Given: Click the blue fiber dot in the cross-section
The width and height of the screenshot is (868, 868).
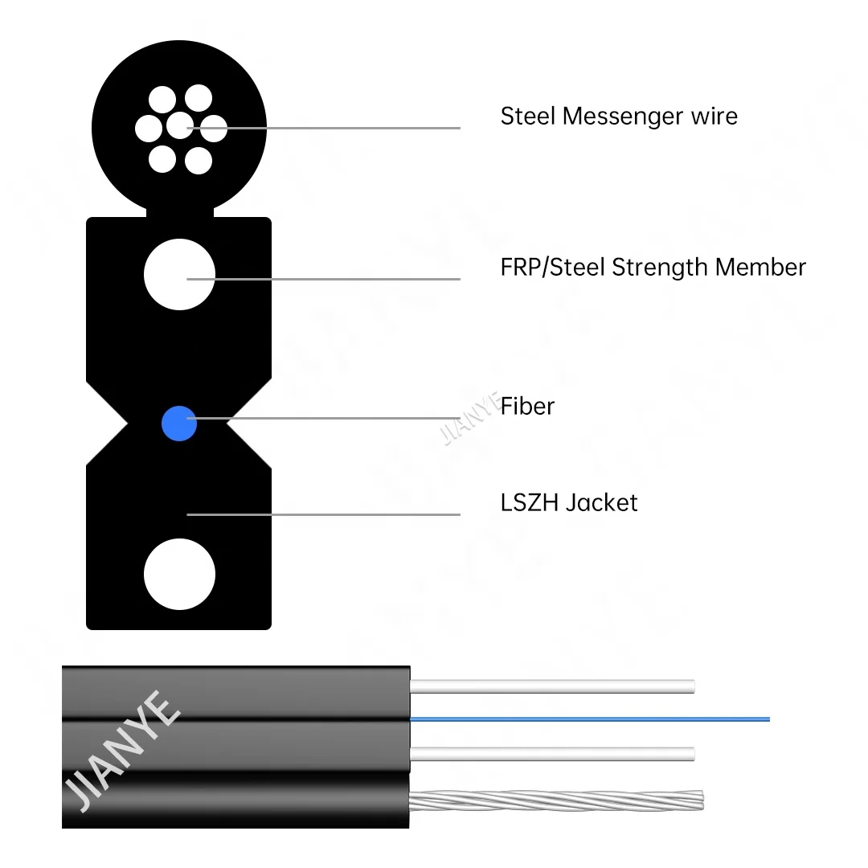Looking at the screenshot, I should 179,424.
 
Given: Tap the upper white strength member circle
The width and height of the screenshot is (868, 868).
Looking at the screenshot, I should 179,275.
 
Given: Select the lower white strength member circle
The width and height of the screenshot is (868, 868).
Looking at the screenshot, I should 179,575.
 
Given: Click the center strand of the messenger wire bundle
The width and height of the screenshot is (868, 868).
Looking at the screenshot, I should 180,126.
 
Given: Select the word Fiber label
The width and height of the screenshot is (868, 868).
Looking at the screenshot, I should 527,406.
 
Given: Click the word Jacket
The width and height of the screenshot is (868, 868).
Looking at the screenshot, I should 601,504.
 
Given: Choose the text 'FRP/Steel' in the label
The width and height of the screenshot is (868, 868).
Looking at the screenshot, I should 553,268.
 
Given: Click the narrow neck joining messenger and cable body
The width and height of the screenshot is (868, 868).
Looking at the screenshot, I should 180,213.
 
